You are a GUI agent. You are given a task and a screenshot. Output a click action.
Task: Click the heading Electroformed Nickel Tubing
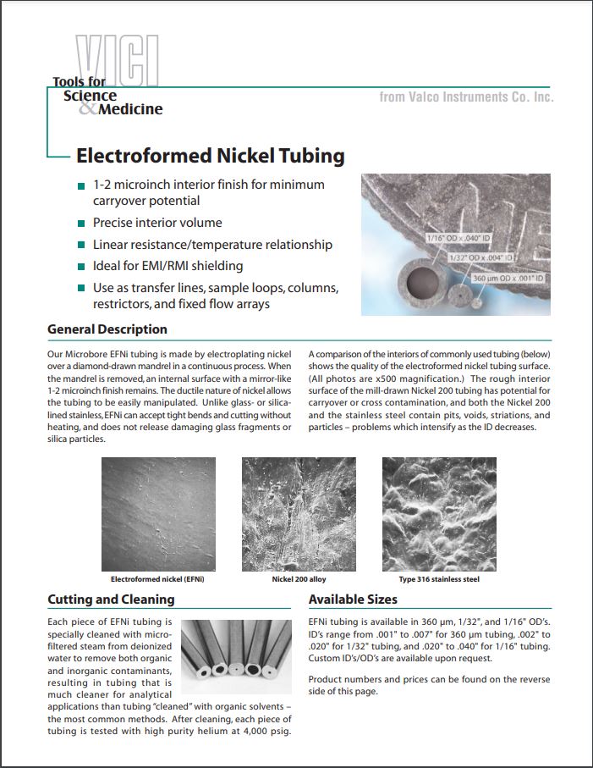pyautogui.click(x=211, y=157)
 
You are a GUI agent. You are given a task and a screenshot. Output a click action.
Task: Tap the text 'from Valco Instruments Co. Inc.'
pyautogui.click(x=466, y=97)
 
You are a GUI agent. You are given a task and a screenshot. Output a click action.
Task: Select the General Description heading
pyautogui.click(x=107, y=329)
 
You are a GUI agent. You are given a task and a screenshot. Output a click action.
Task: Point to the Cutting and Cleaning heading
pyautogui.click(x=111, y=599)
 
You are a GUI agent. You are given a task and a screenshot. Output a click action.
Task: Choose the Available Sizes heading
pyautogui.click(x=353, y=599)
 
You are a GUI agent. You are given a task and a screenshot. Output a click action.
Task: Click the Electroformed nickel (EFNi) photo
pyautogui.click(x=158, y=515)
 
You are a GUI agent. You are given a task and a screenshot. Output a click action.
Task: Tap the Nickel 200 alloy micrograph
pyautogui.click(x=299, y=515)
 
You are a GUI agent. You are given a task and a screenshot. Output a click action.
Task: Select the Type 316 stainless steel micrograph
pyautogui.click(x=439, y=515)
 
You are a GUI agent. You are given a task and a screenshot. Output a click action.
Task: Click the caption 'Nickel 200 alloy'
pyautogui.click(x=299, y=580)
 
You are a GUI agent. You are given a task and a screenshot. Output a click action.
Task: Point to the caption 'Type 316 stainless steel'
pyautogui.click(x=439, y=580)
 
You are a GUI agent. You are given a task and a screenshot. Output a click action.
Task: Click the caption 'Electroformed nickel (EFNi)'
pyautogui.click(x=158, y=580)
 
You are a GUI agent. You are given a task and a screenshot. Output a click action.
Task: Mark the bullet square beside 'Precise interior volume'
pyautogui.click(x=81, y=224)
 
